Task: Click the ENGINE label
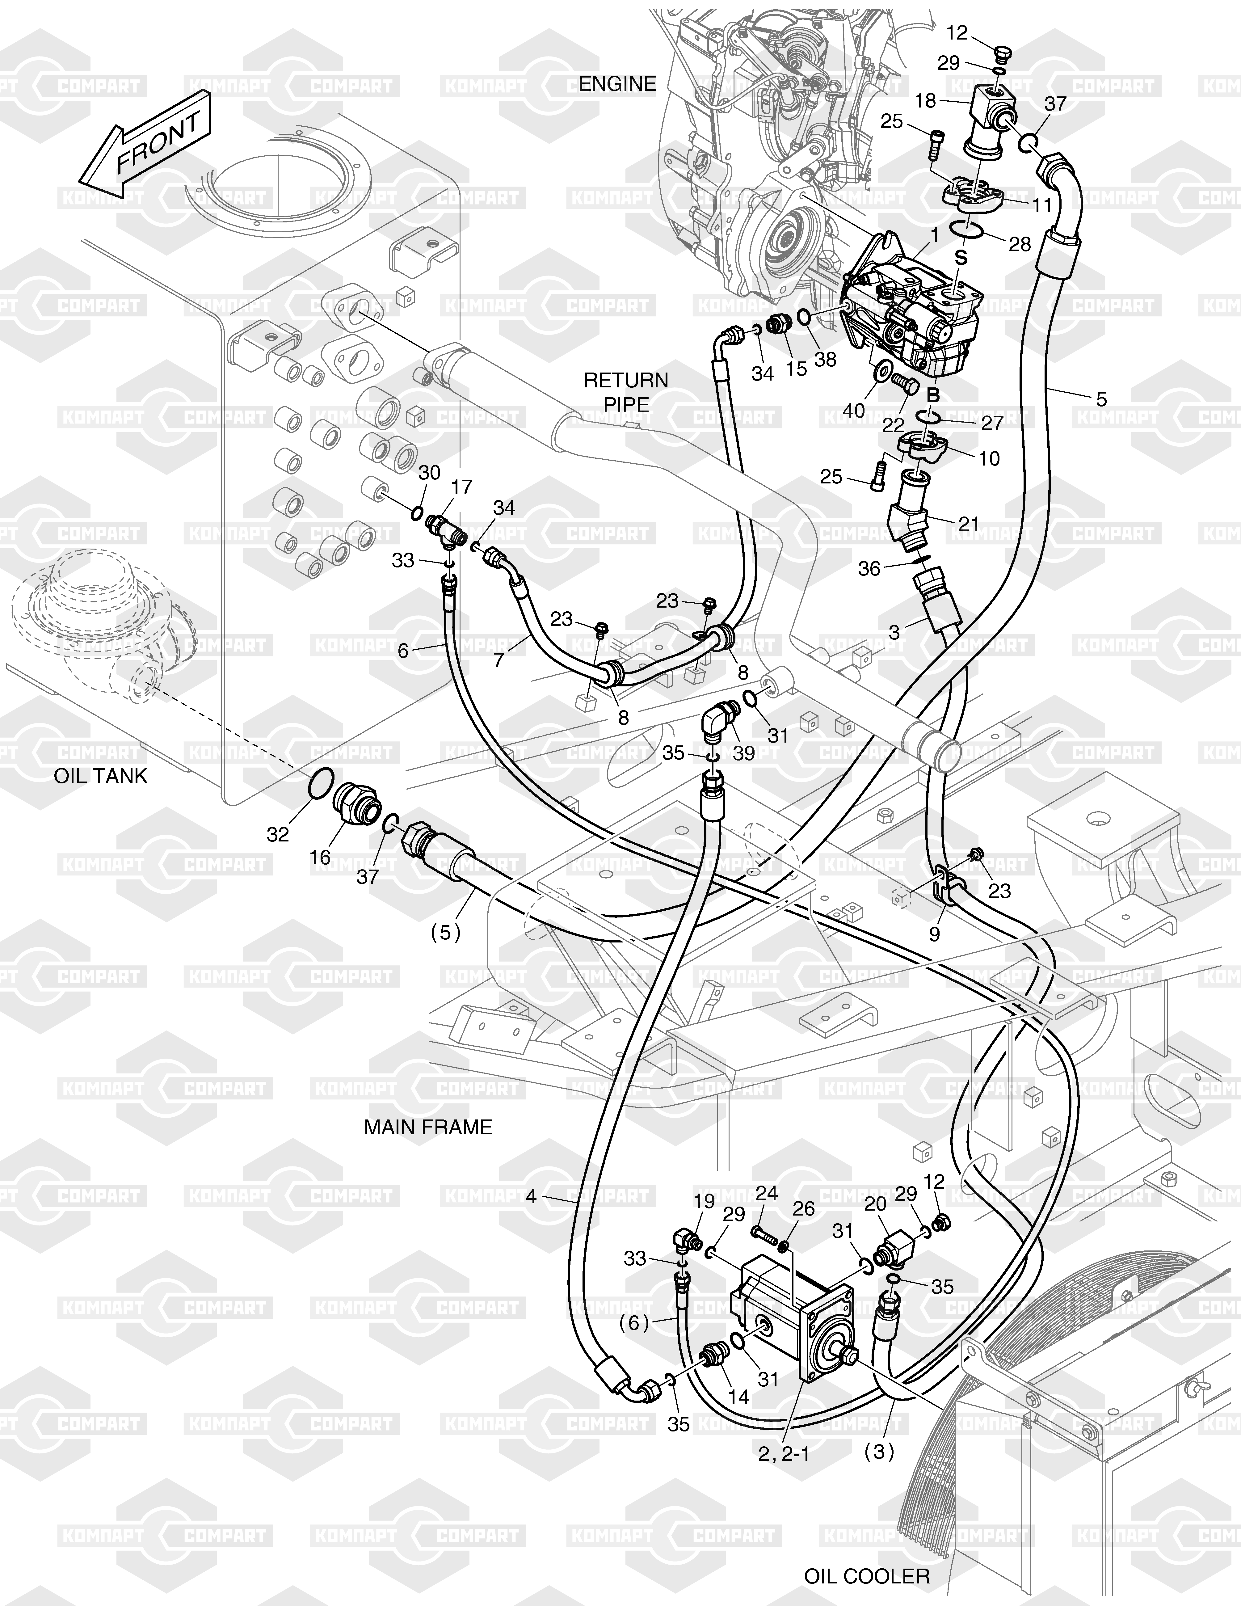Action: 617,84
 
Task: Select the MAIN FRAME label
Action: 428,1127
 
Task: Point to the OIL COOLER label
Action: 867,1576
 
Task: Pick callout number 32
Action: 278,834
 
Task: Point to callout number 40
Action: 854,410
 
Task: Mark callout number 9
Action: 934,934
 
